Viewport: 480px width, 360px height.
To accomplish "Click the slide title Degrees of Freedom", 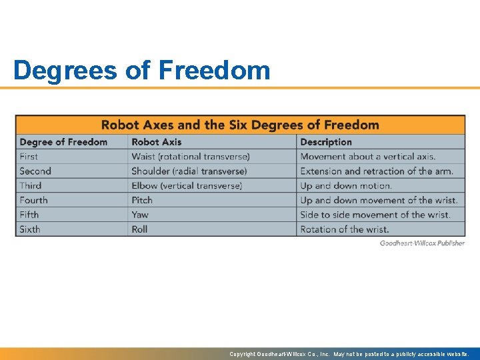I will (141, 70).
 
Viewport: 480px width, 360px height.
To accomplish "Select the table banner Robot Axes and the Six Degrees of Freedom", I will (240, 125).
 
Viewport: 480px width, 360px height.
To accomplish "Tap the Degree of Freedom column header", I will (63, 142).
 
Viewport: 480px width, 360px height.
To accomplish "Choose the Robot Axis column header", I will (157, 142).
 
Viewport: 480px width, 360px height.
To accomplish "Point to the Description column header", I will (326, 142).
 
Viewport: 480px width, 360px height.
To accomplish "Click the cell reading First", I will (29, 157).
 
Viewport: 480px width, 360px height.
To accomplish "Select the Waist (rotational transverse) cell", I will (191, 157).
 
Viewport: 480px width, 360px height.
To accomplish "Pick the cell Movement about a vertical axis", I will (368, 157).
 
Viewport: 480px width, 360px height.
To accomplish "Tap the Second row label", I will (35, 171).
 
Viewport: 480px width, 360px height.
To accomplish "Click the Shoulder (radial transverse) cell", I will (189, 171).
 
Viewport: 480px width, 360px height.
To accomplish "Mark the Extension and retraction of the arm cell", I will (377, 171).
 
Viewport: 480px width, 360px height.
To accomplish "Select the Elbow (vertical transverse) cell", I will (187, 186).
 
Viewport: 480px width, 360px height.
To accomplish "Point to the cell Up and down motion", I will (346, 186).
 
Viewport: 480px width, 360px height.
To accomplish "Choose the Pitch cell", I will (142, 200).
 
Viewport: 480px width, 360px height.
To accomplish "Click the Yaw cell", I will (140, 215).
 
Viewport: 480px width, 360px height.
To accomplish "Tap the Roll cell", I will (139, 229).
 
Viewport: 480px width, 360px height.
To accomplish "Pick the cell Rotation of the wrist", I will (344, 229).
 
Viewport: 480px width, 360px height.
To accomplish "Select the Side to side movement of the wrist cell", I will (375, 215).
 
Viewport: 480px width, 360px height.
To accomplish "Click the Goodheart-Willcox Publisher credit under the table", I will (422, 243).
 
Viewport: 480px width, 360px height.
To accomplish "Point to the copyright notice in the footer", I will (349, 354).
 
